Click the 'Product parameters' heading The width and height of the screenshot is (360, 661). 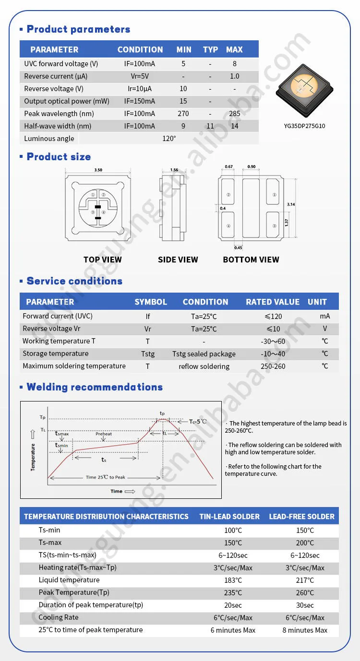tap(78, 29)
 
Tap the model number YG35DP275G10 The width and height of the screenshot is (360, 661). tap(304, 126)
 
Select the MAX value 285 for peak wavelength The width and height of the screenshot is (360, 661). tap(234, 114)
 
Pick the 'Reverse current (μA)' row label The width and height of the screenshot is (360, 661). tap(56, 76)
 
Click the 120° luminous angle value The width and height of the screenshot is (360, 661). tap(169, 139)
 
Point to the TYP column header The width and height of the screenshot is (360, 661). tap(210, 49)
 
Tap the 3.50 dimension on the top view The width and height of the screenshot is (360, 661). tap(98, 170)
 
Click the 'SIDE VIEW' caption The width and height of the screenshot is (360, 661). tap(178, 260)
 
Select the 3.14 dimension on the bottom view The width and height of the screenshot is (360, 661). tap(291, 204)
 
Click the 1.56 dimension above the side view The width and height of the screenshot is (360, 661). tap(174, 170)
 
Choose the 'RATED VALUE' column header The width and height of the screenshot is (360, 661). tap(273, 302)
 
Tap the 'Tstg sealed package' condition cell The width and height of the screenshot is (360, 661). tap(204, 354)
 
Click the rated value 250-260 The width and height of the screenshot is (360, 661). tap(273, 366)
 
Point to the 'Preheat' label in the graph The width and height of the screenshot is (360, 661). tap(104, 434)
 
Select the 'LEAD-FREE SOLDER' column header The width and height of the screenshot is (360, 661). tap(301, 517)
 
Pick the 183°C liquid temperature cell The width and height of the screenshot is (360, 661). tap(233, 580)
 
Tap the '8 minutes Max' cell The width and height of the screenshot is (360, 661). tap(305, 630)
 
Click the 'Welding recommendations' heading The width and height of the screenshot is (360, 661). tap(95, 387)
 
